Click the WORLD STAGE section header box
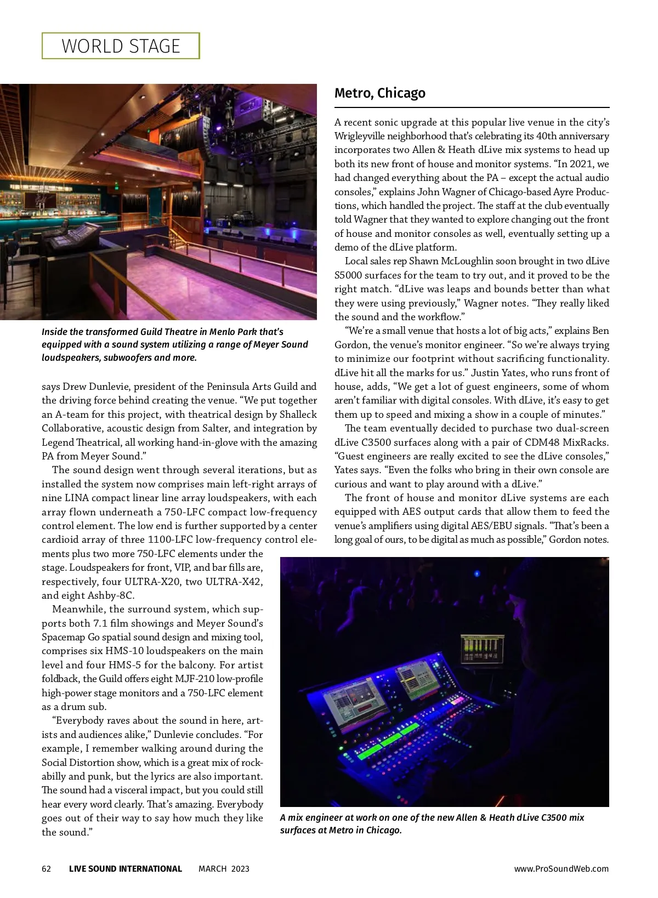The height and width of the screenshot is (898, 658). [x=121, y=46]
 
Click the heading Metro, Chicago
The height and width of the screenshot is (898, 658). [x=379, y=93]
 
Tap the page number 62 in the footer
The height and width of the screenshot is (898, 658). [x=47, y=868]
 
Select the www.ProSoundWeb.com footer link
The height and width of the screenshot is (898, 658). [x=561, y=868]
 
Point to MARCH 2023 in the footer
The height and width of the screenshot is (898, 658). [x=224, y=868]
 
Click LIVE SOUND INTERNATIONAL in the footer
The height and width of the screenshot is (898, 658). [x=125, y=868]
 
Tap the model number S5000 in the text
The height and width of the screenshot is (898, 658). [x=348, y=275]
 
